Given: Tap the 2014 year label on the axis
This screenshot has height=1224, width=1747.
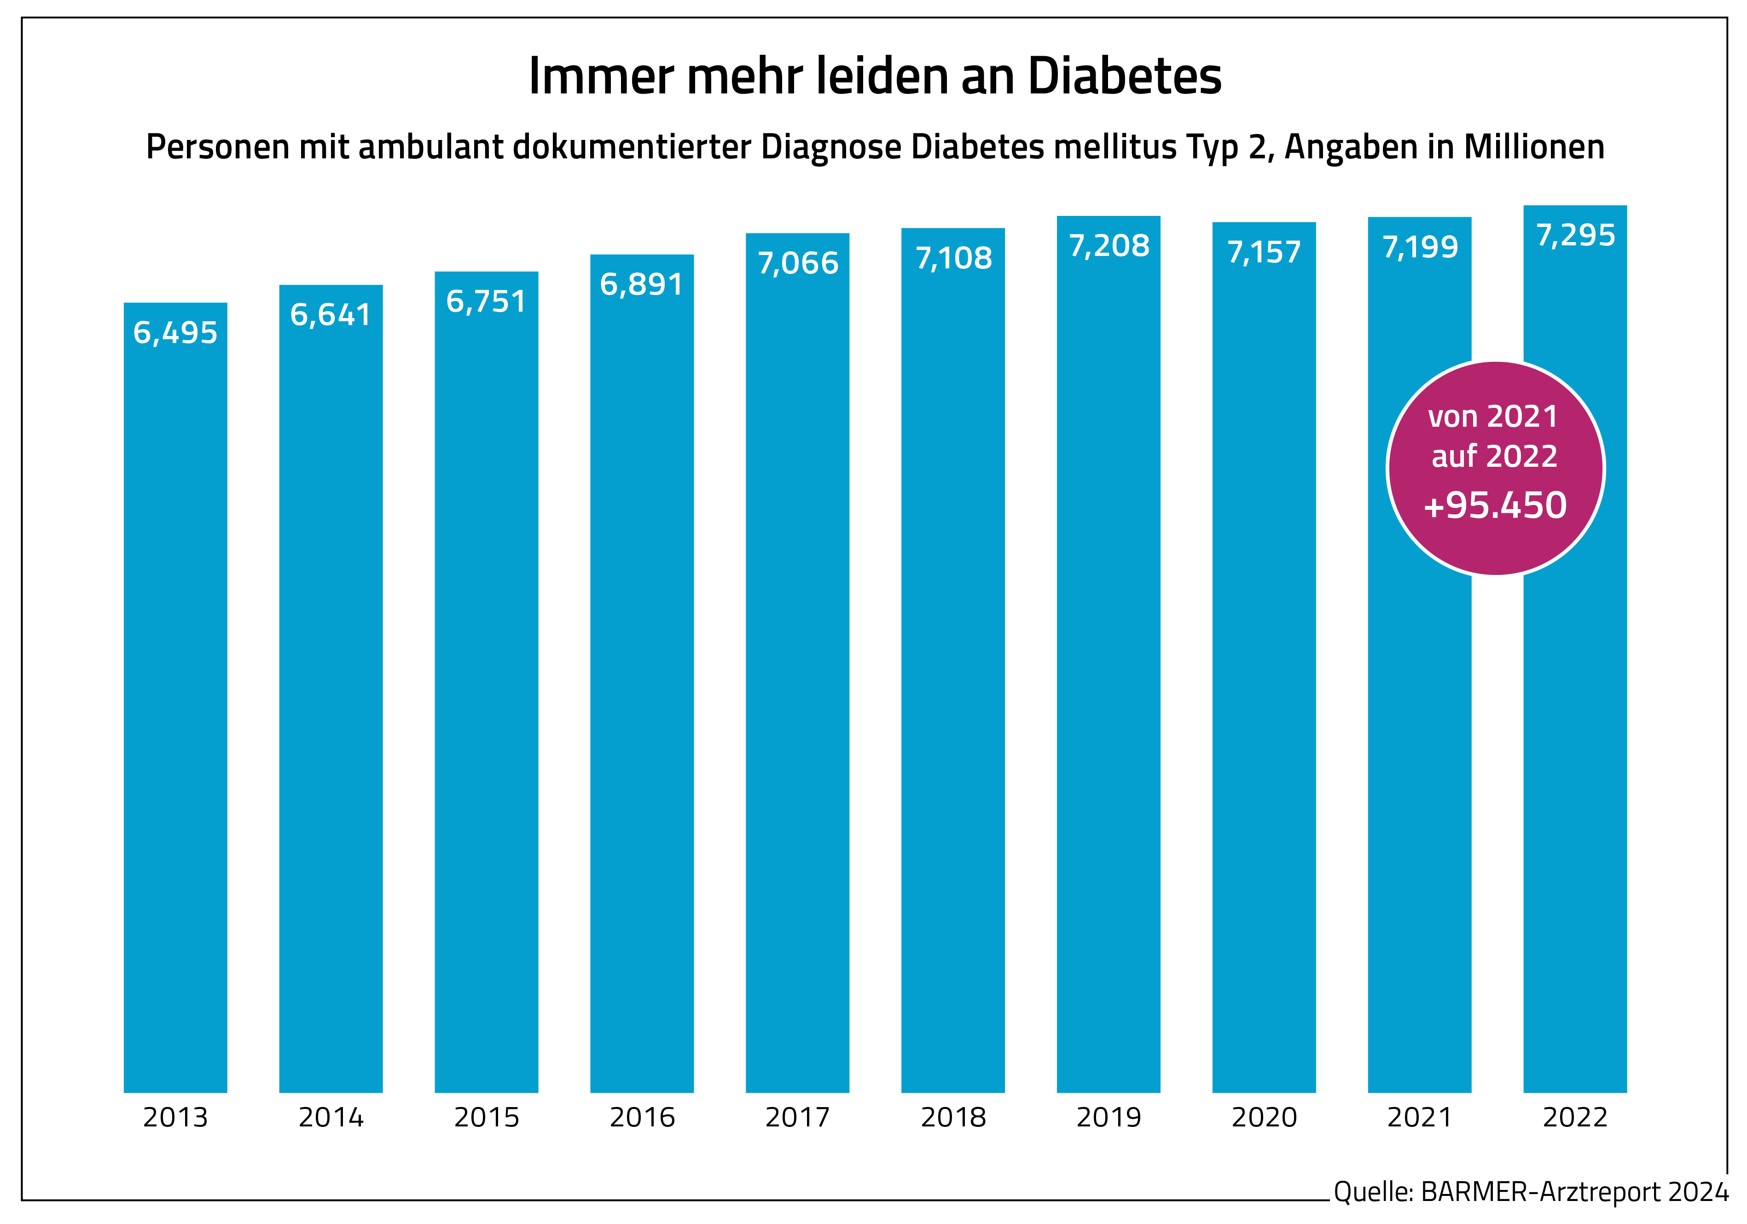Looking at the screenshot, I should [x=331, y=1117].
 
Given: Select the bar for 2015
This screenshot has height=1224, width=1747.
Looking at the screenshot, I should [x=486, y=685].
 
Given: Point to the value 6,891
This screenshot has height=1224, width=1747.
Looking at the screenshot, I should [x=641, y=284].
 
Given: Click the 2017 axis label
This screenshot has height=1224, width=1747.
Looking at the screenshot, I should [x=797, y=1117].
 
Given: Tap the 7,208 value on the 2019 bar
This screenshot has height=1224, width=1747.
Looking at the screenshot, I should [x=1109, y=246].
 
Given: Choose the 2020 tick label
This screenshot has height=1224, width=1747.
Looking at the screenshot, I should [x=1264, y=1117].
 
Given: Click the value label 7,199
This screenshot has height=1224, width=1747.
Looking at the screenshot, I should [x=1420, y=247].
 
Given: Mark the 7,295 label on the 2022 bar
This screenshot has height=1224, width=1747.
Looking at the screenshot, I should [x=1575, y=235].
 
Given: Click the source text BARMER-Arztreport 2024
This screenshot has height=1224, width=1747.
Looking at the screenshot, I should [x=1574, y=1191].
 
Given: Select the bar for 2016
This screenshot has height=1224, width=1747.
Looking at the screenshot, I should [x=641, y=685].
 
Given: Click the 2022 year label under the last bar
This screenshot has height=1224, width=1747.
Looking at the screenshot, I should [x=1575, y=1117].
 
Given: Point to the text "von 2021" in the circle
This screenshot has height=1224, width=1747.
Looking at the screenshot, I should [x=1493, y=417].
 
